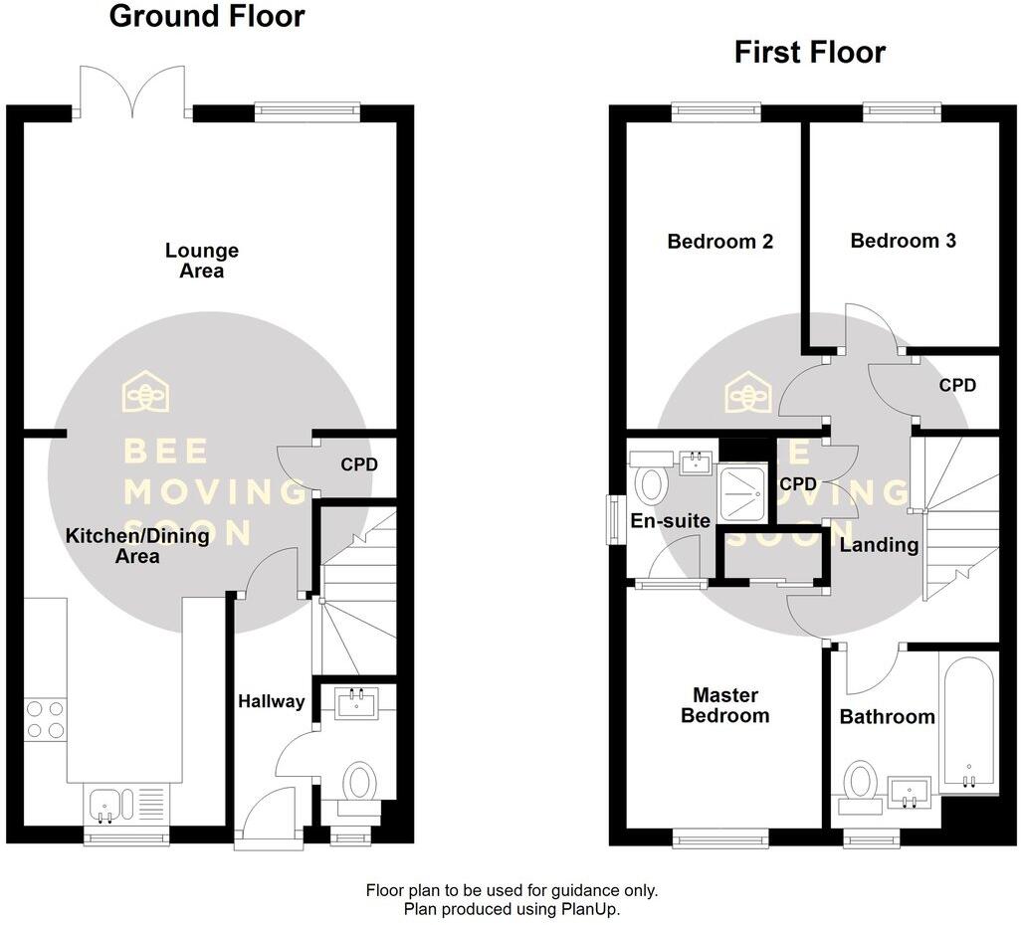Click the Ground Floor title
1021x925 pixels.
[206, 17]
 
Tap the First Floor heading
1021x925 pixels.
[809, 52]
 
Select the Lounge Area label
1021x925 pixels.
[202, 261]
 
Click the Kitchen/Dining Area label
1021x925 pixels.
[137, 546]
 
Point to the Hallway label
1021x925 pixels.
[271, 701]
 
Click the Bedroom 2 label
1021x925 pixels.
[719, 241]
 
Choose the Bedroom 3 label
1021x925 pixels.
[903, 240]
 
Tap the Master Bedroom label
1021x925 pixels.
[725, 705]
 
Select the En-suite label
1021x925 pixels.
[671, 520]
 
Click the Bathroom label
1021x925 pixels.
[887, 716]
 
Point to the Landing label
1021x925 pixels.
[879, 544]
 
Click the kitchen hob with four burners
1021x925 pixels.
[45, 719]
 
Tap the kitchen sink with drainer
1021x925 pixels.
[124, 802]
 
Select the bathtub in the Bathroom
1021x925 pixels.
[967, 723]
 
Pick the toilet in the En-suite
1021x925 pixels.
[651, 482]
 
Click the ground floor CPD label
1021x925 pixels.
[359, 463]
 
